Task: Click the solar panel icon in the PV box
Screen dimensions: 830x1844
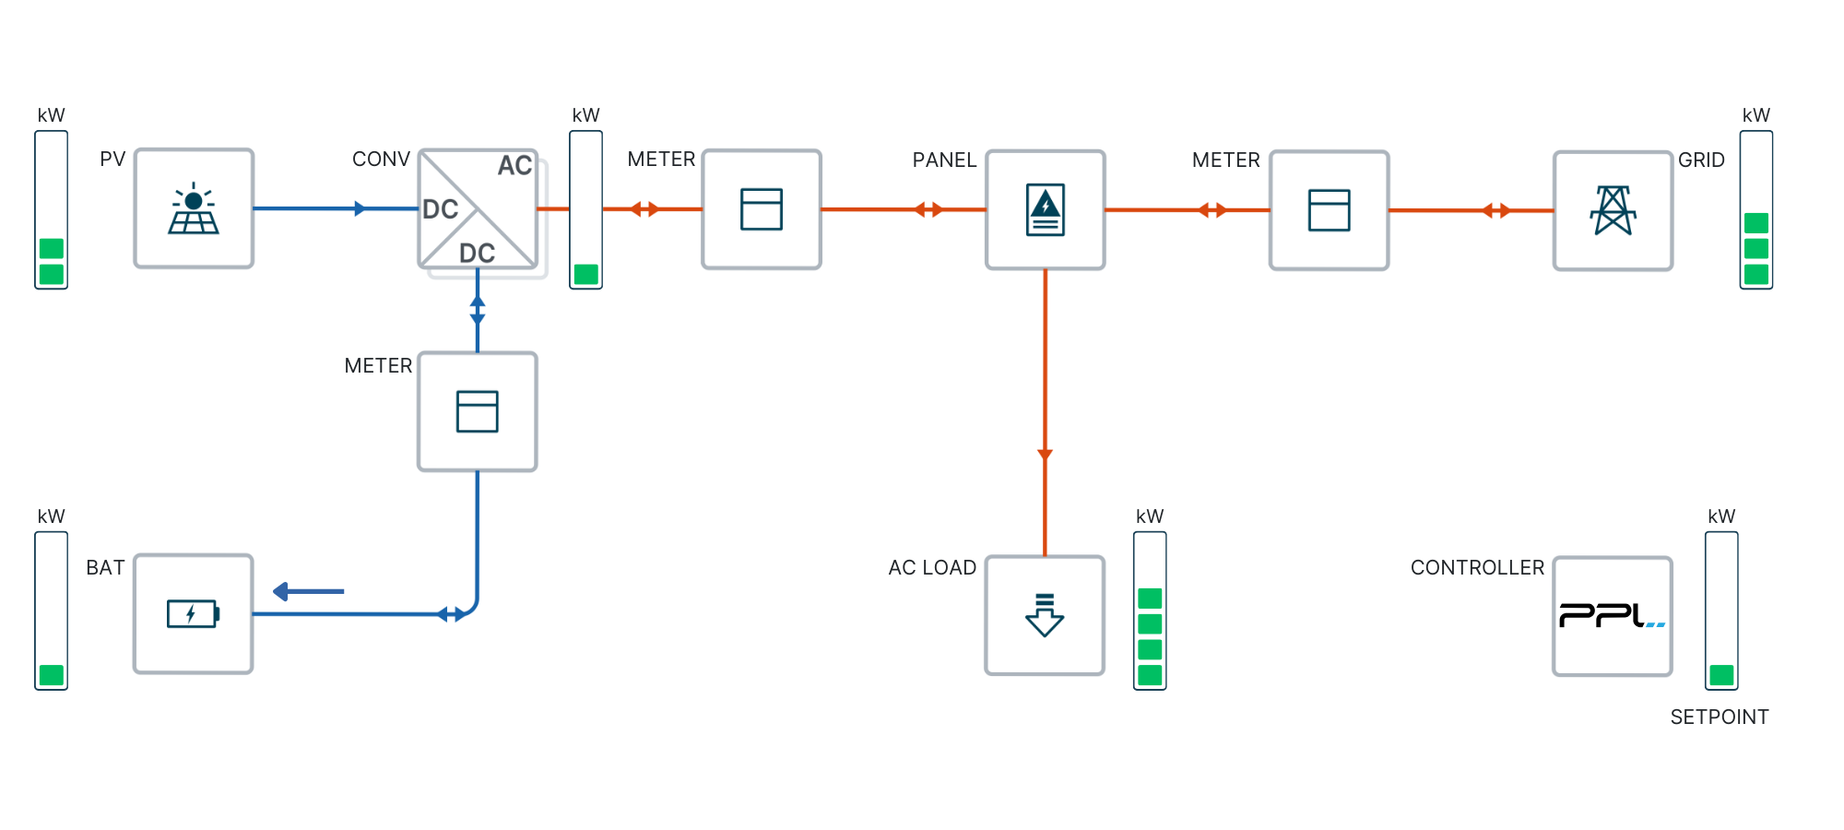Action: (x=194, y=209)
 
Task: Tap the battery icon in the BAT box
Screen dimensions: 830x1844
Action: (x=193, y=613)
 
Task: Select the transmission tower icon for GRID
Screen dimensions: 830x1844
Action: (x=1613, y=210)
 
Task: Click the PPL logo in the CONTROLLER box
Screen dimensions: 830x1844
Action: (x=1612, y=615)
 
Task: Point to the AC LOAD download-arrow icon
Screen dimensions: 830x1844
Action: (x=1045, y=615)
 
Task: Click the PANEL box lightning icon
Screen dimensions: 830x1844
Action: (x=1046, y=209)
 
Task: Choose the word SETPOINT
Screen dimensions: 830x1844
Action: (x=1719, y=717)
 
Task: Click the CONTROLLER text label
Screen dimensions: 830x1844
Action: (x=1477, y=568)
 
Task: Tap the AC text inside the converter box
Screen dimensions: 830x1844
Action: (x=514, y=166)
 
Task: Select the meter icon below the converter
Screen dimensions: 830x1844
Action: (x=478, y=411)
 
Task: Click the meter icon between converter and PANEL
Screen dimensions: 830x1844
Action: (x=762, y=209)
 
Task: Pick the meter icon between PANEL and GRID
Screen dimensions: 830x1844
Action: (x=1329, y=210)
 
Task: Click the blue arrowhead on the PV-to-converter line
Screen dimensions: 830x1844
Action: (x=360, y=209)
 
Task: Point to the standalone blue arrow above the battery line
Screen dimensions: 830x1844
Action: (x=308, y=591)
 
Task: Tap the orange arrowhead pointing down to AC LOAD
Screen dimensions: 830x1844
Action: (x=1045, y=454)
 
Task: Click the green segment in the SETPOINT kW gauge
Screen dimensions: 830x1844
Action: (x=1721, y=675)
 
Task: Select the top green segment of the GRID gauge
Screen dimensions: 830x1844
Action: (x=1756, y=223)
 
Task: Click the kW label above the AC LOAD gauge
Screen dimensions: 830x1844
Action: (x=1150, y=516)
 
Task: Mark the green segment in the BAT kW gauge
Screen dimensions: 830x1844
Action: (x=52, y=675)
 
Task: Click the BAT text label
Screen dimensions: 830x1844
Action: (x=105, y=568)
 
